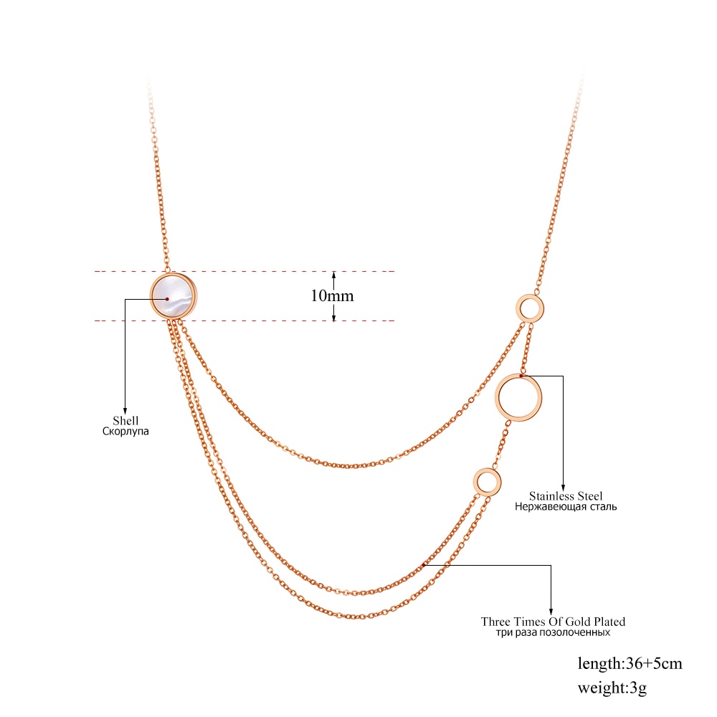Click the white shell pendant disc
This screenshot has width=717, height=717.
pos(174,297)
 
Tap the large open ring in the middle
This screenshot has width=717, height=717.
pos(498,397)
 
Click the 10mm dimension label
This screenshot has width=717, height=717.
pos(333,296)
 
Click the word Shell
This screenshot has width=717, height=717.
pos(125,420)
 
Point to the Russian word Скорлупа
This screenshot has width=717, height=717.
pos(125,431)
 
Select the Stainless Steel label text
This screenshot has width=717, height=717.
pos(566,495)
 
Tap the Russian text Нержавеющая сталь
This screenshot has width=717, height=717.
pos(566,507)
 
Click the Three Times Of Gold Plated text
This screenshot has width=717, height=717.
pos(553,622)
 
